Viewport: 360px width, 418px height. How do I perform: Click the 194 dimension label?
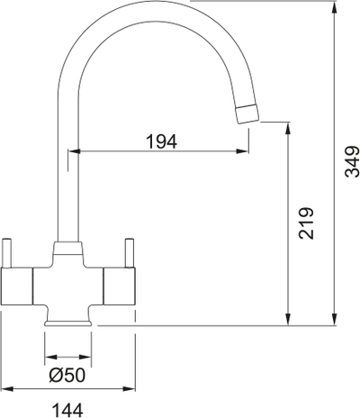(x=161, y=141)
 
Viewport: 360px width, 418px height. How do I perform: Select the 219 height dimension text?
(x=305, y=222)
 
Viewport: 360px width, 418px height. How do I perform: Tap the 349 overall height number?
(x=352, y=162)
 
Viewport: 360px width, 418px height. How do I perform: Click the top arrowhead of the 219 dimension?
(x=288, y=127)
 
